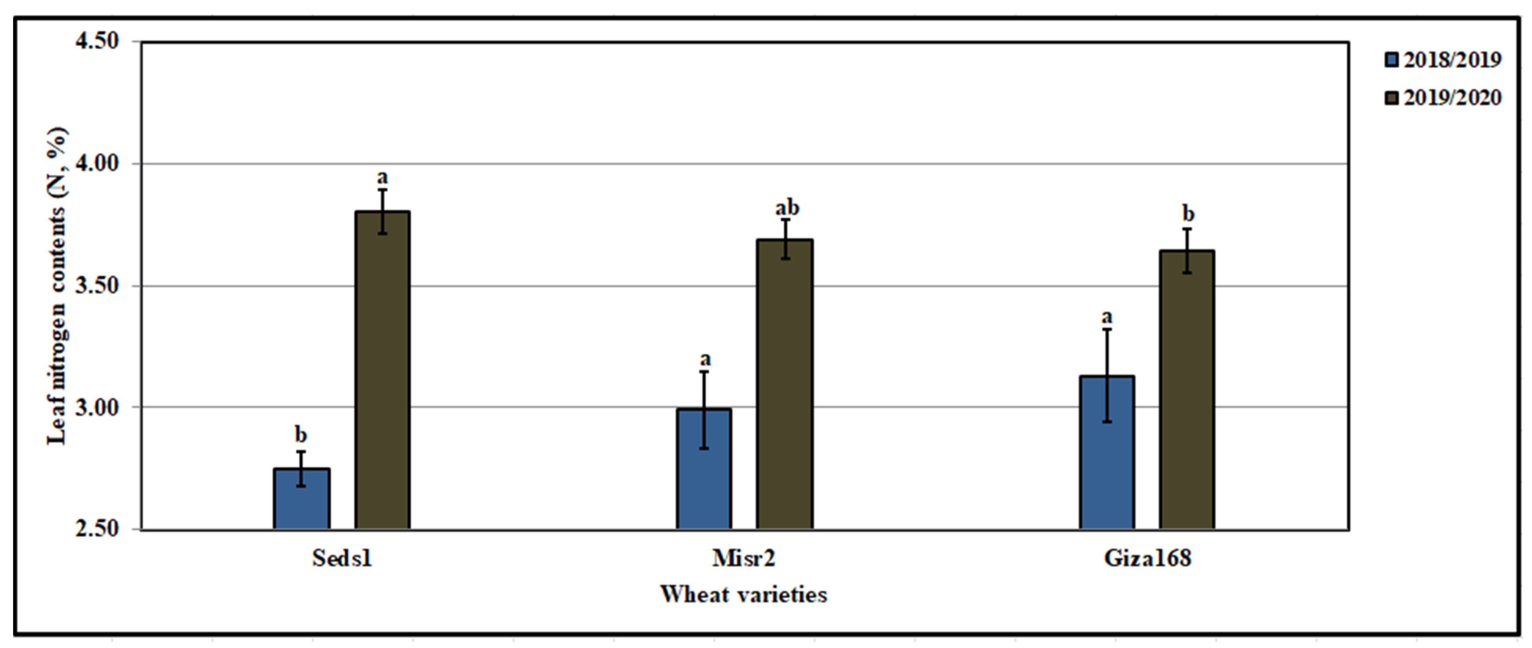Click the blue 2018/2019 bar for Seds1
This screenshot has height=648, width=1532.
click(x=302, y=499)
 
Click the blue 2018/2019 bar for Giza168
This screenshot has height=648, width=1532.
click(x=1107, y=452)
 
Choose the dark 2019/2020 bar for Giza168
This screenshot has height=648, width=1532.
click(x=1187, y=390)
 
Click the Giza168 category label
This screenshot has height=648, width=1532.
click(x=1148, y=558)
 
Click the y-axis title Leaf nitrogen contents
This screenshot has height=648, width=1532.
click(x=58, y=285)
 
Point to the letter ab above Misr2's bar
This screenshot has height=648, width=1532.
click(x=787, y=208)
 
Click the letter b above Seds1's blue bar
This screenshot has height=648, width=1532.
click(x=301, y=435)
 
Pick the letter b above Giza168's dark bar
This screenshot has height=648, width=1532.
click(x=1188, y=213)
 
